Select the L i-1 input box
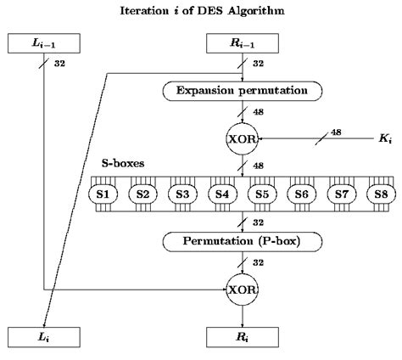[42, 42]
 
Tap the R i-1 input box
[243, 42]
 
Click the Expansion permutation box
[243, 90]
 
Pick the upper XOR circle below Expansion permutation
[243, 137]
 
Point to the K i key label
[384, 137]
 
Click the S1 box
[103, 194]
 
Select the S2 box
[142, 194]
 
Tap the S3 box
[182, 194]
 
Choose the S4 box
[222, 194]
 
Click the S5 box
[262, 194]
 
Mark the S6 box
[302, 194]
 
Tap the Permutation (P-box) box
[243, 241]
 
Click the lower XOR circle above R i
[243, 290]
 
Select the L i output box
[42, 338]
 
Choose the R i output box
[243, 338]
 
